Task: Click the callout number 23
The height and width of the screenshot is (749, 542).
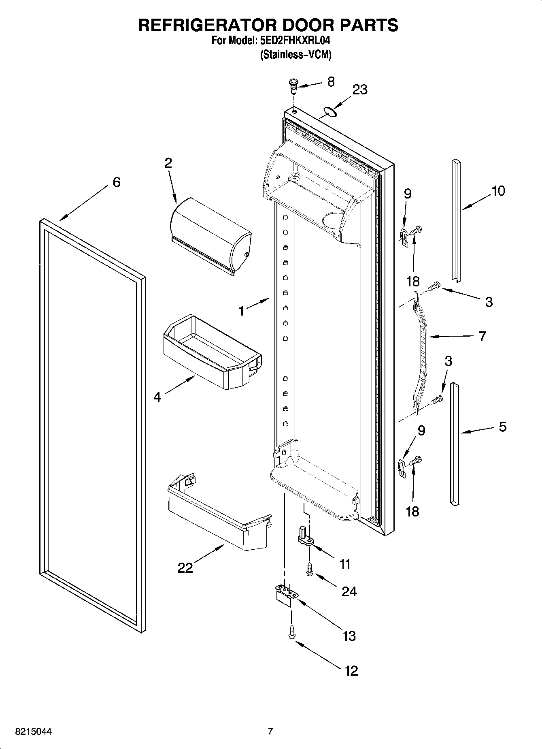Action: (359, 90)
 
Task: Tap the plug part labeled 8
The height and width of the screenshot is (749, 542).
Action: (293, 85)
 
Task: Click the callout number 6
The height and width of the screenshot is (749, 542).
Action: (116, 182)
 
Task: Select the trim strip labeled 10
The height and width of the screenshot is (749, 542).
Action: (456, 219)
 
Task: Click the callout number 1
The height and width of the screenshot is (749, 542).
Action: (242, 311)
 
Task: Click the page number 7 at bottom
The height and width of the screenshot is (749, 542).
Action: (270, 732)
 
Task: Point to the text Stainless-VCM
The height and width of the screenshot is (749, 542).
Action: (295, 55)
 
